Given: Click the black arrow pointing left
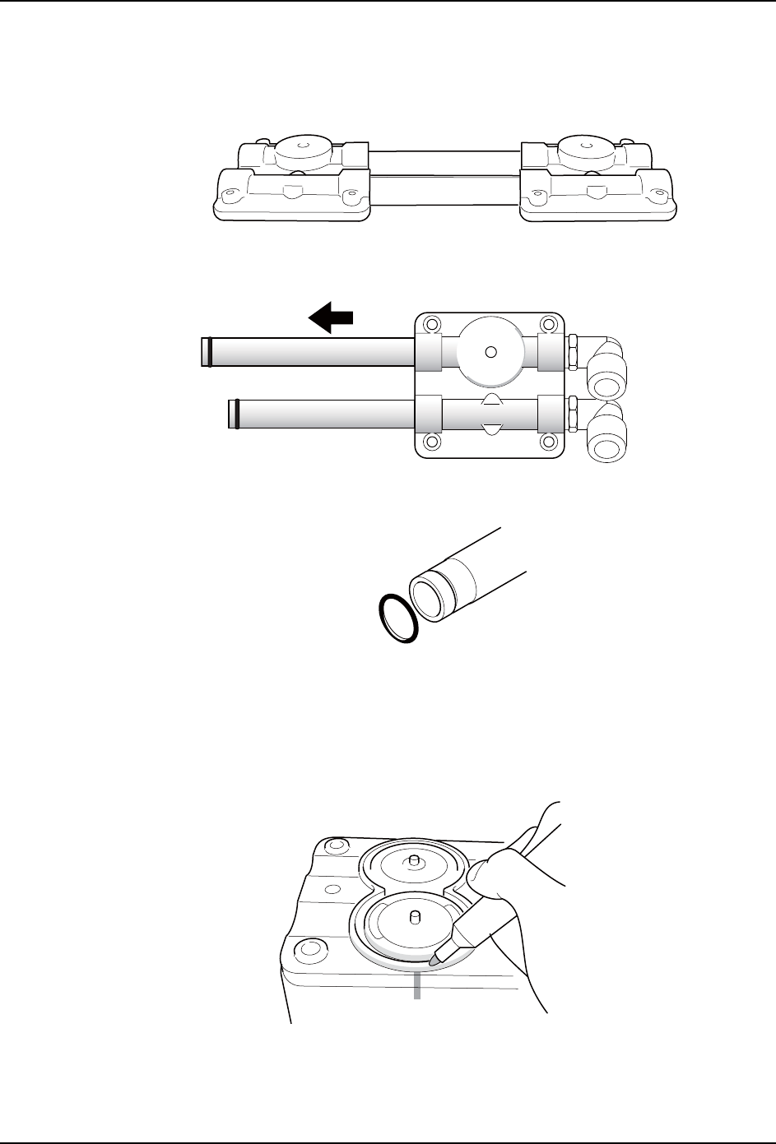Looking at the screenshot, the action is pyautogui.click(x=332, y=317).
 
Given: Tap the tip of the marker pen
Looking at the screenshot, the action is pyautogui.click(x=434, y=959).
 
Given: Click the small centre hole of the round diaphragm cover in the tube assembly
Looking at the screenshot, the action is pyautogui.click(x=490, y=351).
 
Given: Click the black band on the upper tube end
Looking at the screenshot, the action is pyautogui.click(x=210, y=351).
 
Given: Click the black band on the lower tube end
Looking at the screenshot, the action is pyautogui.click(x=237, y=414).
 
